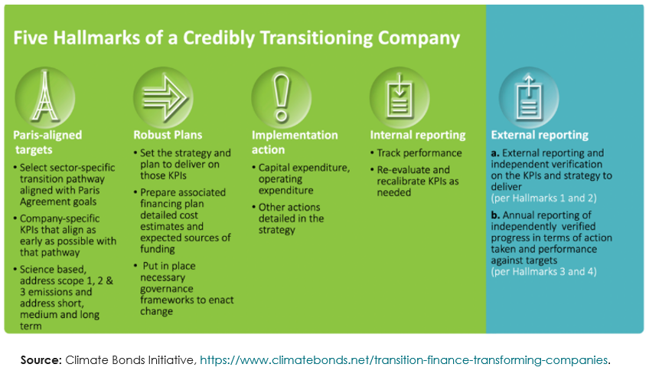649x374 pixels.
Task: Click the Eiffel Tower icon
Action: tap(44, 97)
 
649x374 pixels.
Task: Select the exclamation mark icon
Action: tap(282, 98)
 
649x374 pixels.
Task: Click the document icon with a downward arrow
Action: tap(400, 96)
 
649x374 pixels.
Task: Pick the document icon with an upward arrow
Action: tap(529, 97)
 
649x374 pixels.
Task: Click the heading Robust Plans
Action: tap(168, 135)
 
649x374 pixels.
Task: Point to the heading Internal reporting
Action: tap(418, 135)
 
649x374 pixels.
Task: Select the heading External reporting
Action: tap(540, 135)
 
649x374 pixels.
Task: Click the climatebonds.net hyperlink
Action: tap(403, 360)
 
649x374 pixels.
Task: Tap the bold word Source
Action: tap(41, 360)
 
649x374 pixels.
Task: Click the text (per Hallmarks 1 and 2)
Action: tap(544, 198)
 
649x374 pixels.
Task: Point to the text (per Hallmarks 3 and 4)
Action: tap(544, 271)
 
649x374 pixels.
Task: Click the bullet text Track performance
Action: tap(419, 153)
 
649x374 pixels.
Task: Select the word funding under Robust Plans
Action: tap(158, 249)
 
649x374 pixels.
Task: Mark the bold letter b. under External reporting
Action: tap(495, 215)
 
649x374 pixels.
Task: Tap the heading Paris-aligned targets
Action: tap(47, 143)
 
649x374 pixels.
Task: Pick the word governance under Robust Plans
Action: tap(166, 289)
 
